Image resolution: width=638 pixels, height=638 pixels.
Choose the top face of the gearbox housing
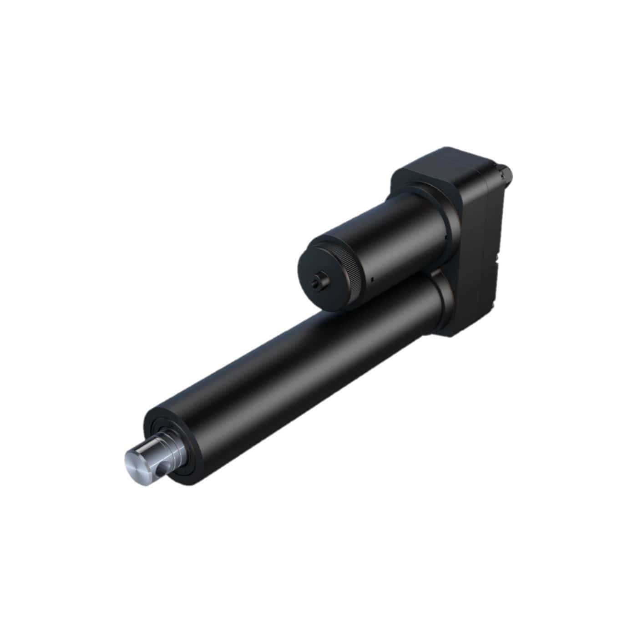coord(441,164)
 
